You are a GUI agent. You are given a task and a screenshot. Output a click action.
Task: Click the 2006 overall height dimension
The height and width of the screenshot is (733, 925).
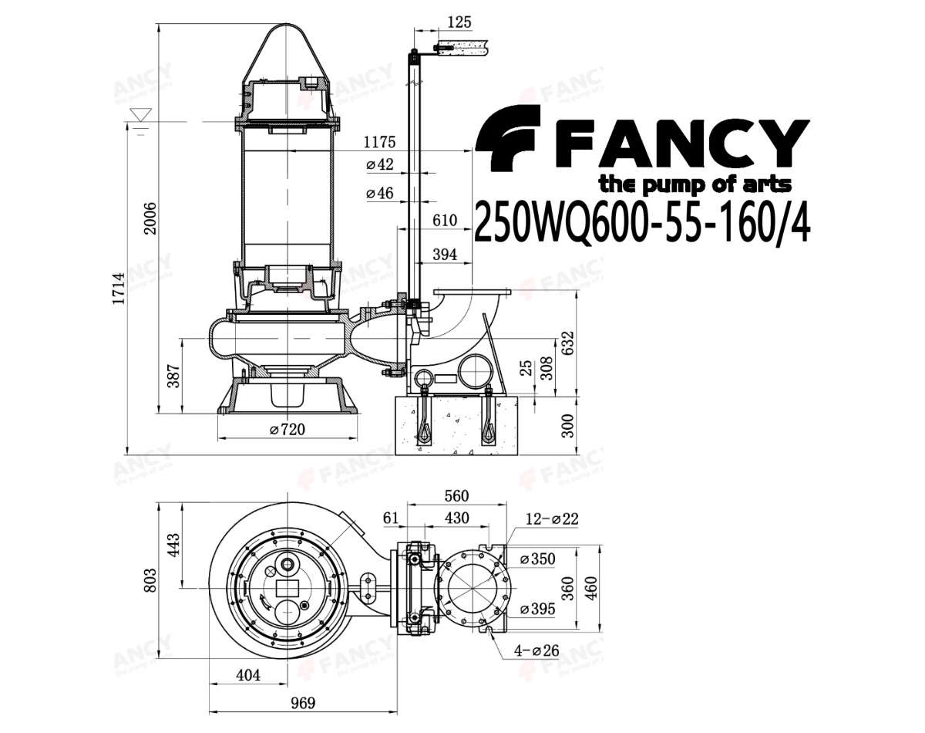pyautogui.click(x=150, y=218)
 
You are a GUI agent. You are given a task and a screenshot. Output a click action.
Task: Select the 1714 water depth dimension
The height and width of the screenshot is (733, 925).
pyautogui.click(x=119, y=289)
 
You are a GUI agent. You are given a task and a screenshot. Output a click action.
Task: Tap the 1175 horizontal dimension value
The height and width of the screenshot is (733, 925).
pyautogui.click(x=379, y=142)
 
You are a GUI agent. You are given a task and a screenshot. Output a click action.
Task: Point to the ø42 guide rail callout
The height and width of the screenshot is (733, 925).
pyautogui.click(x=380, y=164)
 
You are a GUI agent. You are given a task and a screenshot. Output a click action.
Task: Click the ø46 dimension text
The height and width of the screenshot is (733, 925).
pyautogui.click(x=380, y=193)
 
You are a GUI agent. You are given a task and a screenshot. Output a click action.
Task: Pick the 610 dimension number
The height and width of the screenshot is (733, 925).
pyautogui.click(x=445, y=221)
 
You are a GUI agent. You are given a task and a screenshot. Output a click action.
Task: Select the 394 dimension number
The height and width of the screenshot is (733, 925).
pyautogui.click(x=445, y=255)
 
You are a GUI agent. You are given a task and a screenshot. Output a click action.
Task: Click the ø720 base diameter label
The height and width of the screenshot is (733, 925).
pyautogui.click(x=288, y=429)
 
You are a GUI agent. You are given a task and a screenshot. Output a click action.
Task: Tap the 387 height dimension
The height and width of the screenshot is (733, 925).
pyautogui.click(x=173, y=377)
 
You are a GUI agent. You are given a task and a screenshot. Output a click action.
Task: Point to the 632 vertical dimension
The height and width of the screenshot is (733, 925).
pyautogui.click(x=568, y=343)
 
